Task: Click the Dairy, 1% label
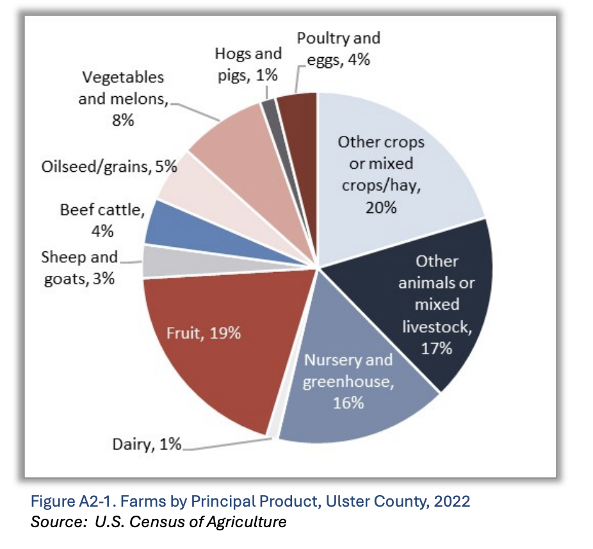pos(147,444)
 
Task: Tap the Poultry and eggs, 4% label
pos(338,49)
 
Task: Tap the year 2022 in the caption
pos(450,501)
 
